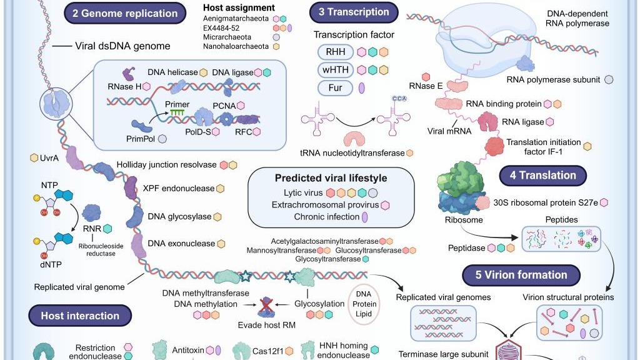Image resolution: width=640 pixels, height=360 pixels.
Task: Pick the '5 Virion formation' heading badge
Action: click(x=521, y=274)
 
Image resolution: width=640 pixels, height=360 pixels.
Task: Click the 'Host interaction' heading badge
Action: click(x=79, y=316)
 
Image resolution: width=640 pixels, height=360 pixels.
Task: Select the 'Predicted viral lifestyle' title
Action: click(x=331, y=178)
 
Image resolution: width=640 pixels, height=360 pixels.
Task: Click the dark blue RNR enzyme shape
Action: click(x=91, y=213)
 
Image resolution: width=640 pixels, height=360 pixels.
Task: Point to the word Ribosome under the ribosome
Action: click(x=464, y=220)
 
